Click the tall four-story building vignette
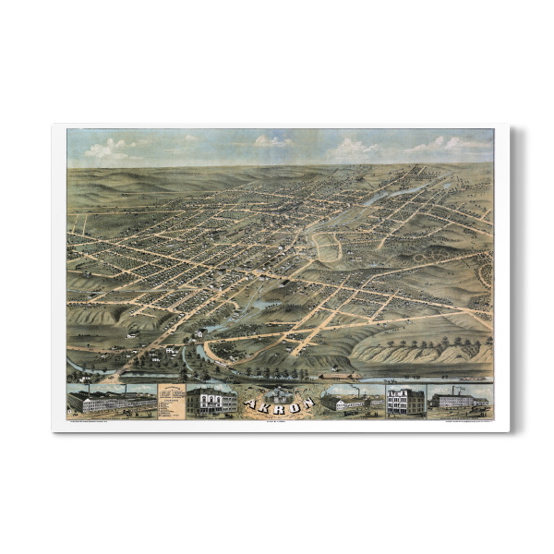[405, 401]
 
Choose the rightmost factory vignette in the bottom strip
[459, 401]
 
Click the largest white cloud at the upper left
[109, 149]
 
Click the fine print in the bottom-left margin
[102, 421]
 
